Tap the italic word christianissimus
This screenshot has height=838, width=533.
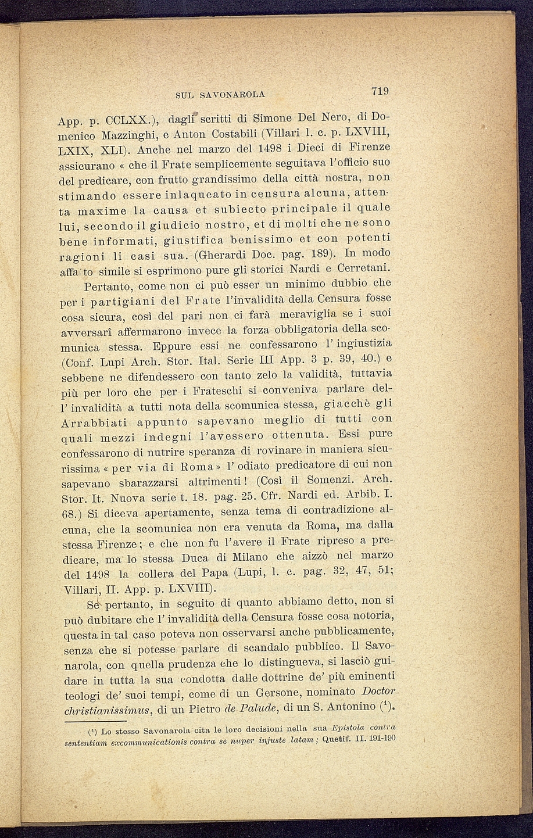[108, 709]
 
